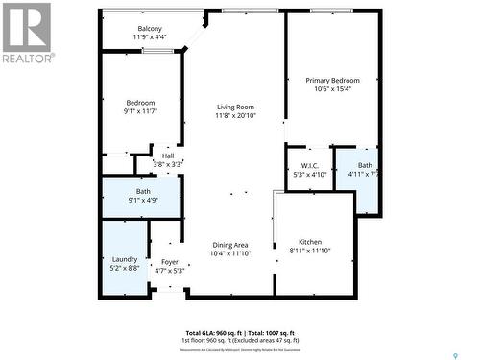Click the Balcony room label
[x=148, y=28]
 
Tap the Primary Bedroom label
[x=333, y=80]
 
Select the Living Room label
[x=235, y=107]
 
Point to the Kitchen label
[x=309, y=241]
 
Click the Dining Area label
[x=229, y=244]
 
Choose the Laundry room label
[x=125, y=258]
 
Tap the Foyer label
[x=169, y=261]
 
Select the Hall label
[x=168, y=156]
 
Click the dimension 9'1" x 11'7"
[x=140, y=111]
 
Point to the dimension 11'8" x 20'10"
[x=235, y=116]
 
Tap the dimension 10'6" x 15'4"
[x=333, y=89]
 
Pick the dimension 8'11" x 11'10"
[x=309, y=251]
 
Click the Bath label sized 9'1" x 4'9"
[x=143, y=191]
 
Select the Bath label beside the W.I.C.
[x=366, y=165]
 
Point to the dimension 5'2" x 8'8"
[x=125, y=269]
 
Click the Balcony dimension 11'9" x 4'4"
[x=148, y=37]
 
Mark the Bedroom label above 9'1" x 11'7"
[x=140, y=102]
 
